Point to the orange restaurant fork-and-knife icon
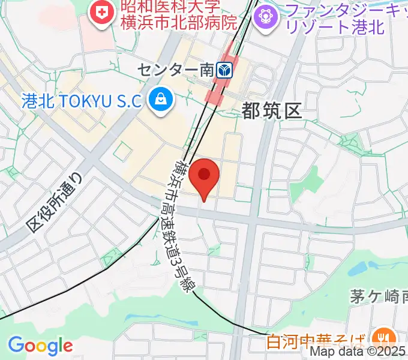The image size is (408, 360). click(x=382, y=337)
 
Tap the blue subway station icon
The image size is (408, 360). click(x=224, y=70)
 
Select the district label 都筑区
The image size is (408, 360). click(x=271, y=110)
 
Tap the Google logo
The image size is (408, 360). click(x=40, y=346)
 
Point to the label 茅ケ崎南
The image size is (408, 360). click(x=379, y=296)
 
